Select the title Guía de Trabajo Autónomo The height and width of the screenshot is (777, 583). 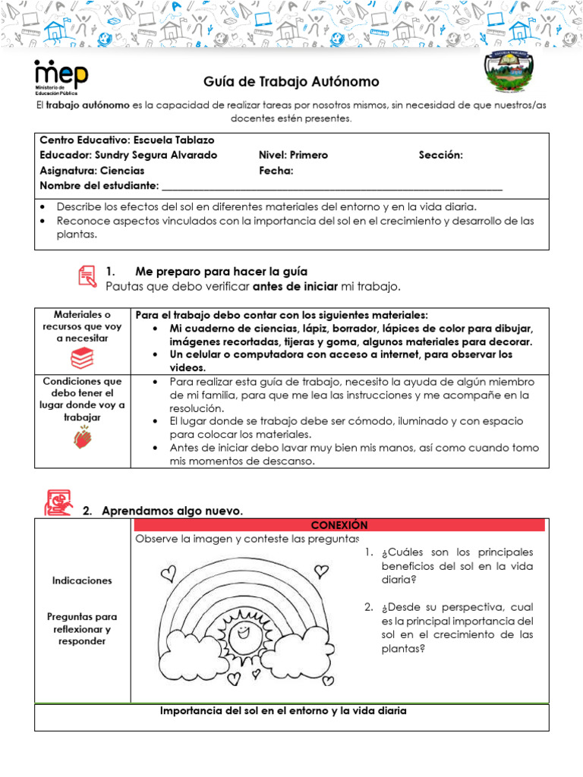pos(291,82)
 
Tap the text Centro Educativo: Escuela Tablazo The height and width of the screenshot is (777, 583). pos(127,140)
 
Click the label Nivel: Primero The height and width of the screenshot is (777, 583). pos(293,155)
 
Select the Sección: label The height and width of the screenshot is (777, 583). pos(440,155)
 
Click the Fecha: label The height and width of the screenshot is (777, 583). pos(276,171)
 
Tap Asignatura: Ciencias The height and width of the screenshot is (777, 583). pos(92,171)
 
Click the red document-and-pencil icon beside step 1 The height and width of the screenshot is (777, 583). pos(87,276)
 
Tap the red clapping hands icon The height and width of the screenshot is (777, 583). pos(82,437)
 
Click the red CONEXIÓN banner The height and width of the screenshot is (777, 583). pos(339,525)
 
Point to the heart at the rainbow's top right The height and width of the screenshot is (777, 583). pos(322,568)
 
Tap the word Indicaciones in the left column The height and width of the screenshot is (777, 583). pos(82,580)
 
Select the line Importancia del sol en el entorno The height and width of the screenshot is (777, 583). pos(284,711)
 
